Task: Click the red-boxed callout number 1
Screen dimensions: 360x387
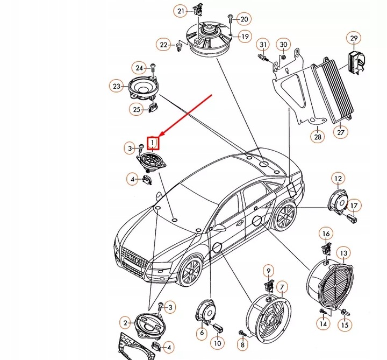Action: point(153,143)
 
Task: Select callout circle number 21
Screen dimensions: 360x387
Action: point(181,11)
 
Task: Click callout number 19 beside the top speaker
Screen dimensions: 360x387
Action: point(245,37)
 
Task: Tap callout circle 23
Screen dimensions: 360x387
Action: point(117,86)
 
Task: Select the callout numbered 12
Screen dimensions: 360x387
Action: point(337,178)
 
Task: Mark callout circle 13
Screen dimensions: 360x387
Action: point(343,252)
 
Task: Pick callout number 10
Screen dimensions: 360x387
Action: point(217,342)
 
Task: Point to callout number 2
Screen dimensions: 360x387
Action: point(126,323)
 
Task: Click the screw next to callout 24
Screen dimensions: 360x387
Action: point(152,68)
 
